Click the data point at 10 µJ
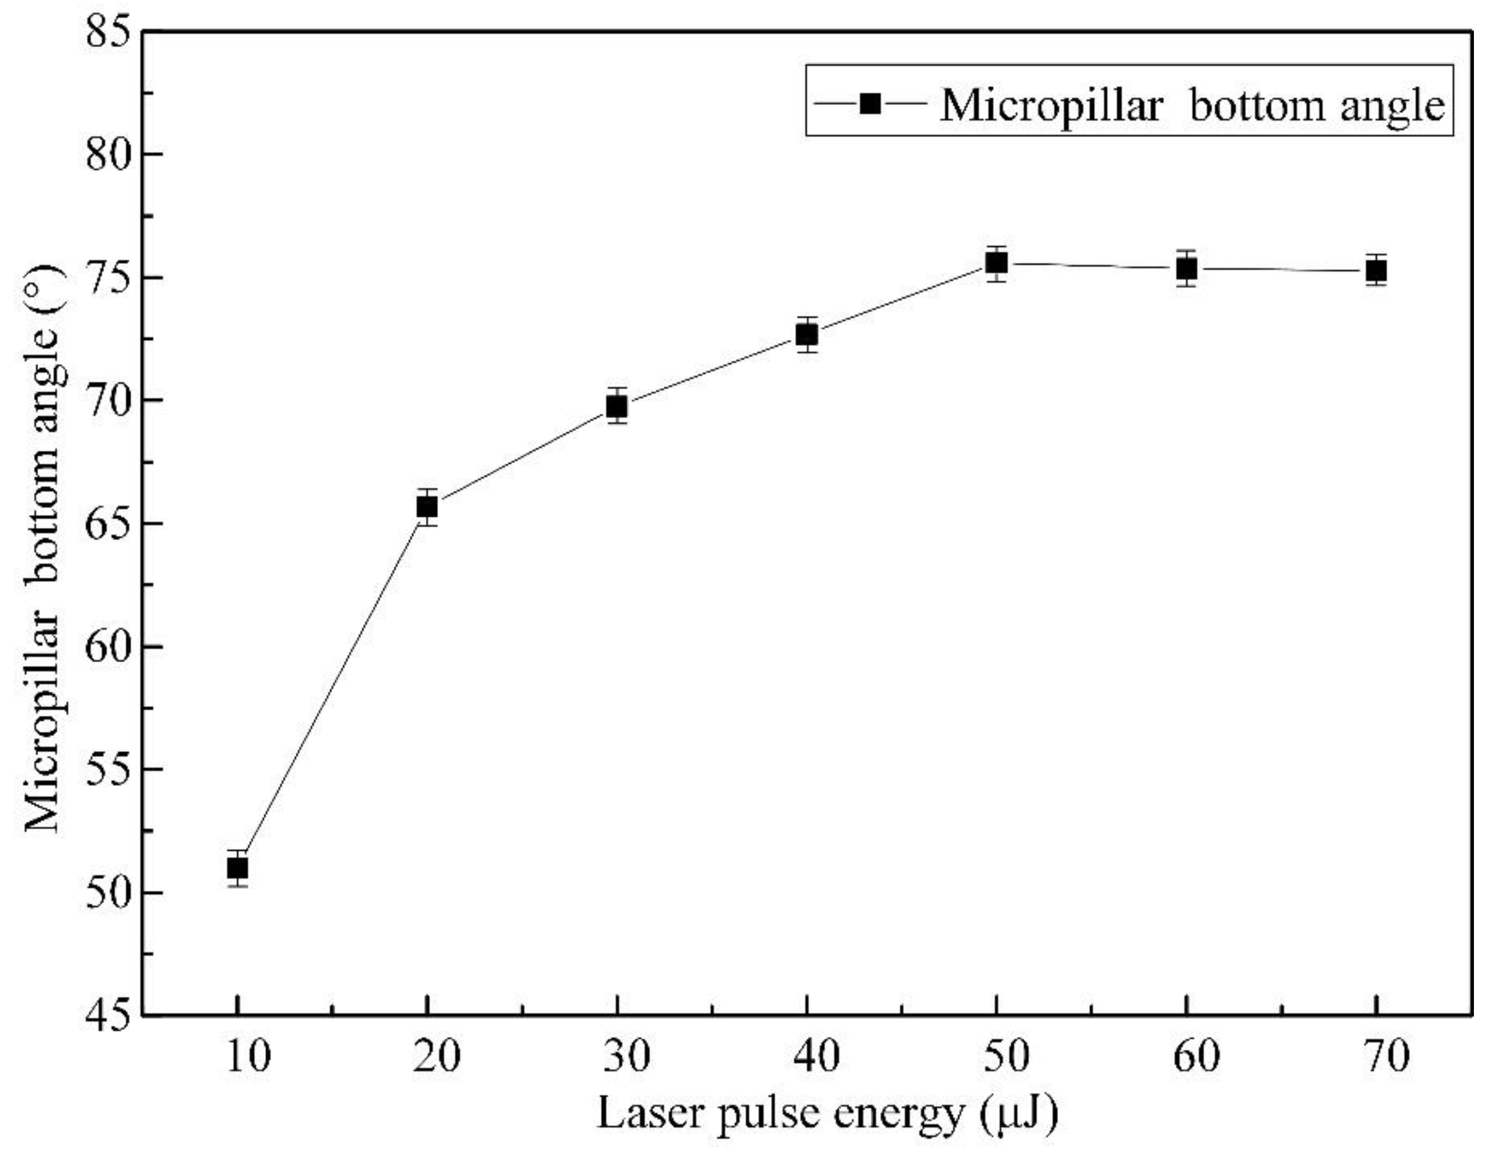click(x=237, y=868)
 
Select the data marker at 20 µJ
click(x=427, y=507)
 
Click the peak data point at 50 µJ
click(x=997, y=263)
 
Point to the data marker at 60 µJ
click(x=1187, y=270)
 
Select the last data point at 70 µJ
click(x=1377, y=272)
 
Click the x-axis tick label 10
click(x=248, y=1057)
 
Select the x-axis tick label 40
click(x=817, y=1057)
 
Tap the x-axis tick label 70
click(x=1387, y=1057)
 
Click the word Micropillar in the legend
click(x=1050, y=107)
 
